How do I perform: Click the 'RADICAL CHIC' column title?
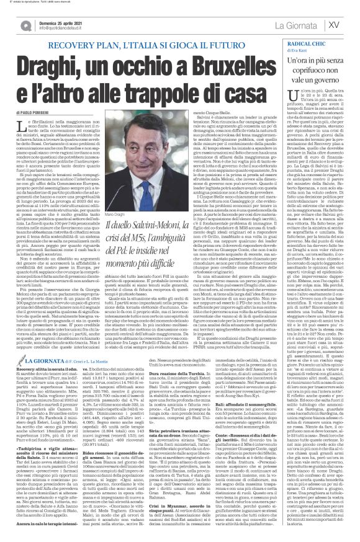point(313,45)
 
